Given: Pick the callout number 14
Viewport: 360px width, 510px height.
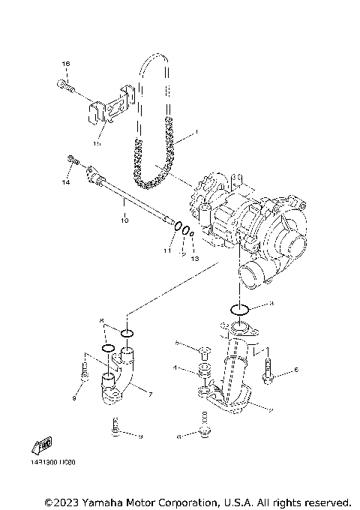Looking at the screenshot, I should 65,182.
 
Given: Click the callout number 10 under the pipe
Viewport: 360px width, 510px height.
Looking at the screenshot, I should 125,220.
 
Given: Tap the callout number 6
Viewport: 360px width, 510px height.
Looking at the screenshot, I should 296,370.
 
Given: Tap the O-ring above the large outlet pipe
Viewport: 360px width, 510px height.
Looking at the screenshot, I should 240,309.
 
